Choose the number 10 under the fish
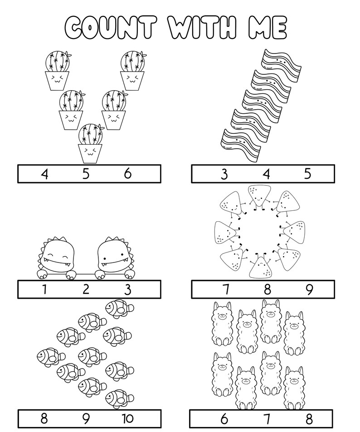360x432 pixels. tap(128, 418)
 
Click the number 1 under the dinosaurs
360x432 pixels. tap(44, 289)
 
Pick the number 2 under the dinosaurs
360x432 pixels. tap(86, 289)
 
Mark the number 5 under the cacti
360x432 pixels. tap(86, 174)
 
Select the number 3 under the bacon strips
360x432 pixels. tap(224, 174)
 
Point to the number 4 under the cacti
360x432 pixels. tap(44, 174)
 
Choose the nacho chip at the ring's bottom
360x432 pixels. tap(261, 267)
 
